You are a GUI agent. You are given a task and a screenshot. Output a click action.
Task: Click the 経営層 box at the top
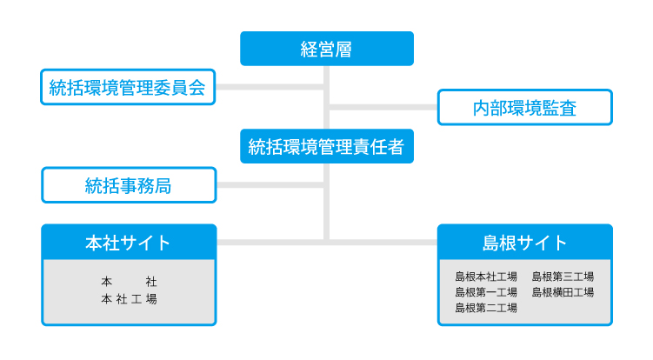(327, 49)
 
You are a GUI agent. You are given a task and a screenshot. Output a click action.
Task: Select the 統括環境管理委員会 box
(128, 87)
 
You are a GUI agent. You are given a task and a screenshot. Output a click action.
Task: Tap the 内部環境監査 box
(524, 108)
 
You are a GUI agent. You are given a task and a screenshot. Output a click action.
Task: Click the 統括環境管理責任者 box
(327, 146)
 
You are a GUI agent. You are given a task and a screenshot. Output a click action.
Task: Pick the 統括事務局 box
(129, 185)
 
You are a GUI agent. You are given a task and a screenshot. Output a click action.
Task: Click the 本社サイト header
(129, 242)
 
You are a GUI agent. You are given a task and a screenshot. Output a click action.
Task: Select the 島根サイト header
(524, 242)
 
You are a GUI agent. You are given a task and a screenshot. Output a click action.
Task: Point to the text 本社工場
(129, 299)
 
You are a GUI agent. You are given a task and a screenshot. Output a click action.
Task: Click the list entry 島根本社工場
(486, 277)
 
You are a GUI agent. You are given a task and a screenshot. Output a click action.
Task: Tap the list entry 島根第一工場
(486, 292)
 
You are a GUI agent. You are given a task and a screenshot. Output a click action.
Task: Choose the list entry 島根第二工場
(486, 308)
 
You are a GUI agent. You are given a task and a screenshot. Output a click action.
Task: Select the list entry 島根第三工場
(563, 277)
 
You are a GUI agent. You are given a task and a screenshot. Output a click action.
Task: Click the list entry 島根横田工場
(563, 292)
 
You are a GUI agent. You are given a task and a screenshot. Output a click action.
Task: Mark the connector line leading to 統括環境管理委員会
(270, 87)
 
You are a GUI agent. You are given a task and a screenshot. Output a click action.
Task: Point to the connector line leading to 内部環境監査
(383, 108)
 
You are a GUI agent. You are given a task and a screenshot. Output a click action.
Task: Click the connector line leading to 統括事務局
(270, 185)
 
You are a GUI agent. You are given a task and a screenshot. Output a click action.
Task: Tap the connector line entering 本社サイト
(270, 242)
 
